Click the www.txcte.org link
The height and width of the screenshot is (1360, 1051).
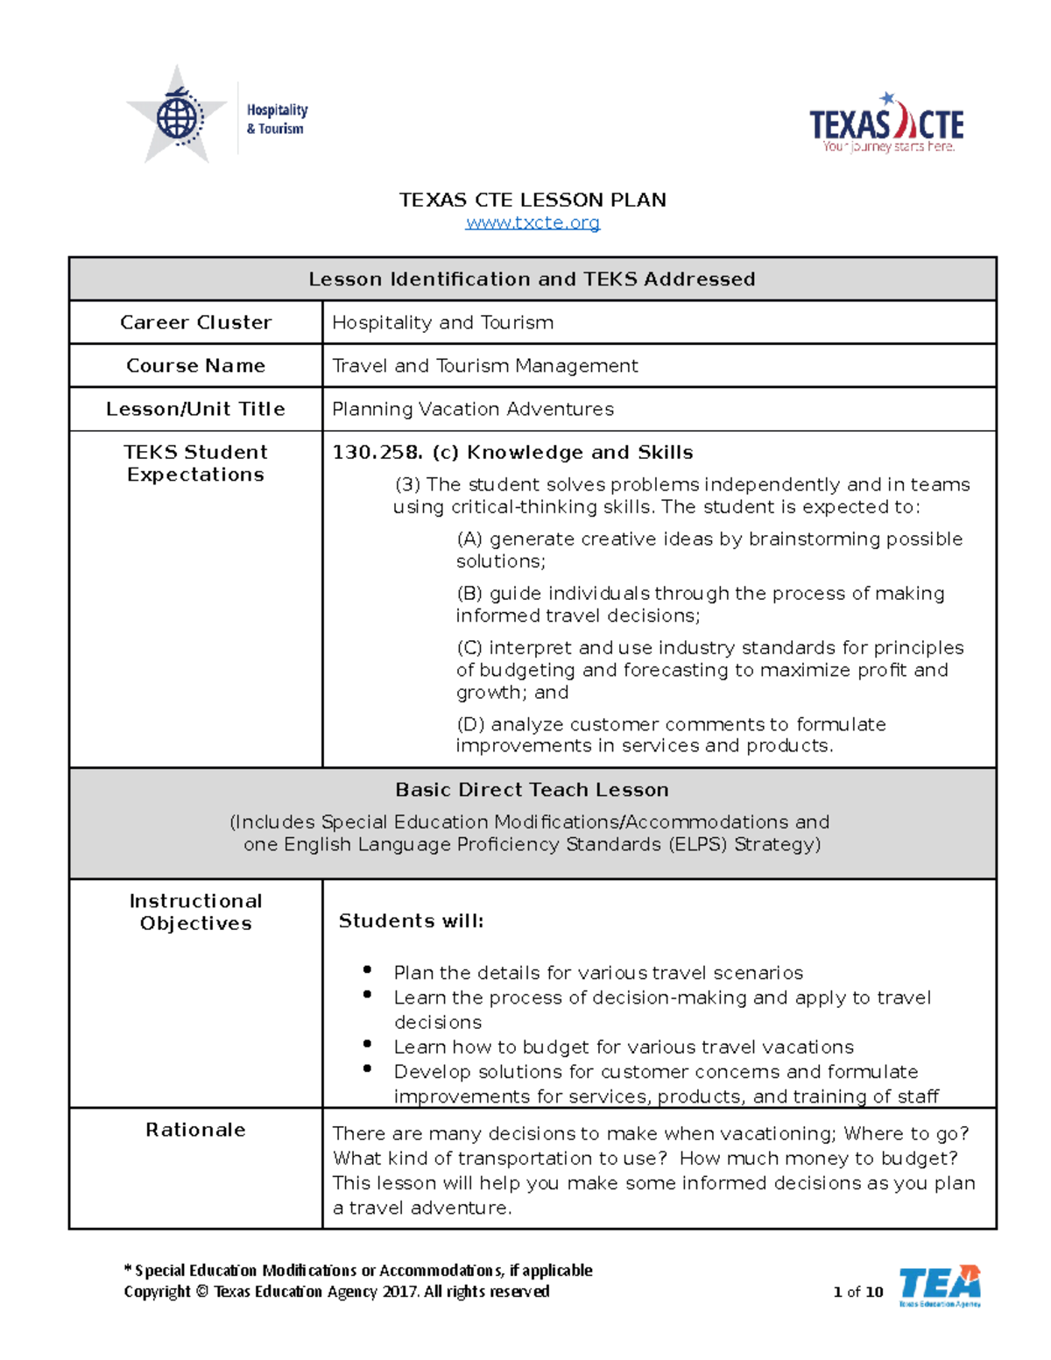coord(533,222)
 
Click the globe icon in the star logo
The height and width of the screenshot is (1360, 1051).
coord(178,117)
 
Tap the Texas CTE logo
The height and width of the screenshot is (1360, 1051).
coord(886,125)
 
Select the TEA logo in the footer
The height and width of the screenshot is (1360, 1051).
coord(939,1286)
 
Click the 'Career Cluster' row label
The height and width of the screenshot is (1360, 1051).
coord(195,322)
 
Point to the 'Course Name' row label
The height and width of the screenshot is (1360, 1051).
coord(195,365)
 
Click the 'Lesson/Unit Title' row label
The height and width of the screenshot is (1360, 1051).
coord(195,409)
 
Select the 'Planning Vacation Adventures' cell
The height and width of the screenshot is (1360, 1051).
coord(473,409)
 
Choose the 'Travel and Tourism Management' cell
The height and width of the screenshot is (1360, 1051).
coord(484,365)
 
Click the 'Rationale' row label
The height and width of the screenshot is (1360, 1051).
coord(195,1130)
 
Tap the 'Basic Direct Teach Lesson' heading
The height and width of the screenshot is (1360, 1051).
coord(532,790)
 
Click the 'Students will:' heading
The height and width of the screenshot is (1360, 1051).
coord(411,921)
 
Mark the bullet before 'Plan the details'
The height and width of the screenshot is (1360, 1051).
coord(367,969)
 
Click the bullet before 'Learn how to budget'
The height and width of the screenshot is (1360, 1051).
coord(367,1044)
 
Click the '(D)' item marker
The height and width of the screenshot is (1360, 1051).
coord(470,724)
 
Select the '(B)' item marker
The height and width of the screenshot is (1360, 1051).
coord(469,594)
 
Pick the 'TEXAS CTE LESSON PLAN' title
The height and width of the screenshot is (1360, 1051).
coord(533,200)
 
